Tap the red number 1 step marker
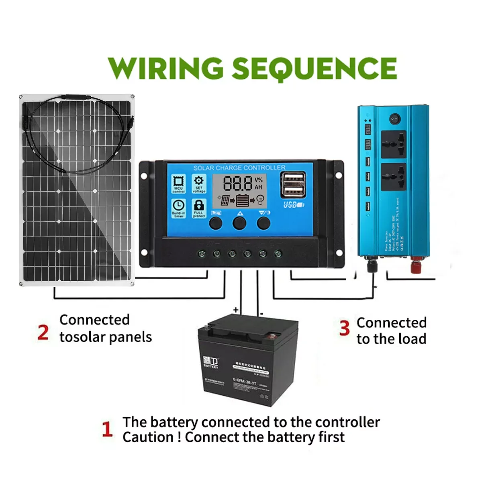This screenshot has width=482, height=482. pos(107,429)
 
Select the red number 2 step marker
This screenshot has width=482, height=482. pos(43,333)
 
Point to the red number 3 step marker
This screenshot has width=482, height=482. pos(344,328)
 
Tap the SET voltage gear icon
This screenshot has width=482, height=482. pos(199,182)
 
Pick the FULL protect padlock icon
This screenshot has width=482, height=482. pos(199,206)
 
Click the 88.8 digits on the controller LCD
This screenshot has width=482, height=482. pos(238,184)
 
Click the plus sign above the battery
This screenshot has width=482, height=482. pos(236,310)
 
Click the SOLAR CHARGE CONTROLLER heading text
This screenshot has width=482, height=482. pos(239,167)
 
